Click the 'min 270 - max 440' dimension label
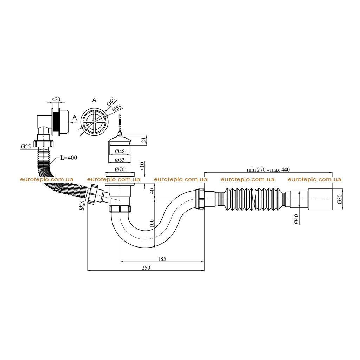point(268,170)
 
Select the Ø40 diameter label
point(296,219)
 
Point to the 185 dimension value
point(162,259)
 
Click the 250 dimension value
point(146,268)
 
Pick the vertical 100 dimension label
point(152,223)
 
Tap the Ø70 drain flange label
point(120,169)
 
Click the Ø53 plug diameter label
point(120,160)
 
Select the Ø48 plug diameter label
point(120,151)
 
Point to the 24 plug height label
point(143,140)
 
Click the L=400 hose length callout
point(69,158)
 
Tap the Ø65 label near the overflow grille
point(111,102)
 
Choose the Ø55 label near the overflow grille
point(117,108)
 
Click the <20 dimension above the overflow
point(56,99)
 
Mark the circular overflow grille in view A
point(94,122)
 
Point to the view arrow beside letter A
point(73,123)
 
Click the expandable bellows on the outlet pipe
point(254,199)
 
